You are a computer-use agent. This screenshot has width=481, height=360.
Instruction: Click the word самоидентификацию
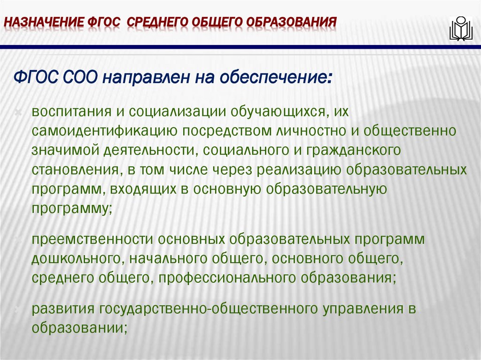tap(104, 131)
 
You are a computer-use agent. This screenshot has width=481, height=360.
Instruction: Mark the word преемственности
tap(91, 239)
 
